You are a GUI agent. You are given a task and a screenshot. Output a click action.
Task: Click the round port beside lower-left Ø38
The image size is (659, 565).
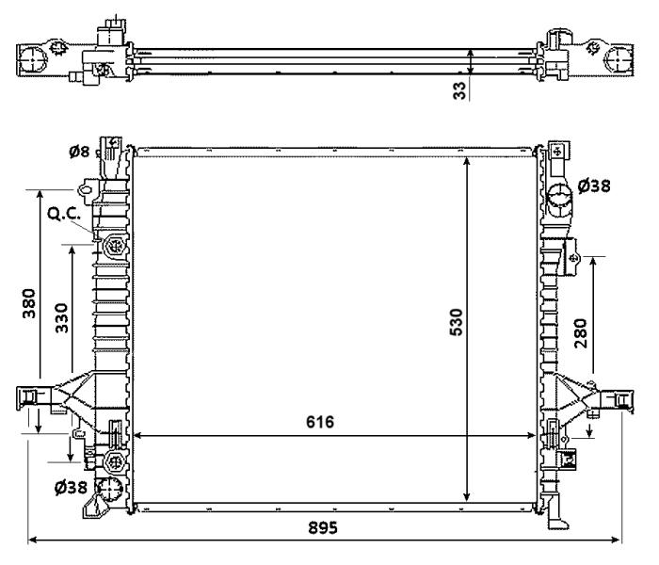(x=111, y=489)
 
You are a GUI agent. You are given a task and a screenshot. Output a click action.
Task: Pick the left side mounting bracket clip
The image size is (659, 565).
(x=31, y=398)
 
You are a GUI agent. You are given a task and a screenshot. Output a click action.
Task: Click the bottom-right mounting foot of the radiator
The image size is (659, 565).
(x=555, y=517)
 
